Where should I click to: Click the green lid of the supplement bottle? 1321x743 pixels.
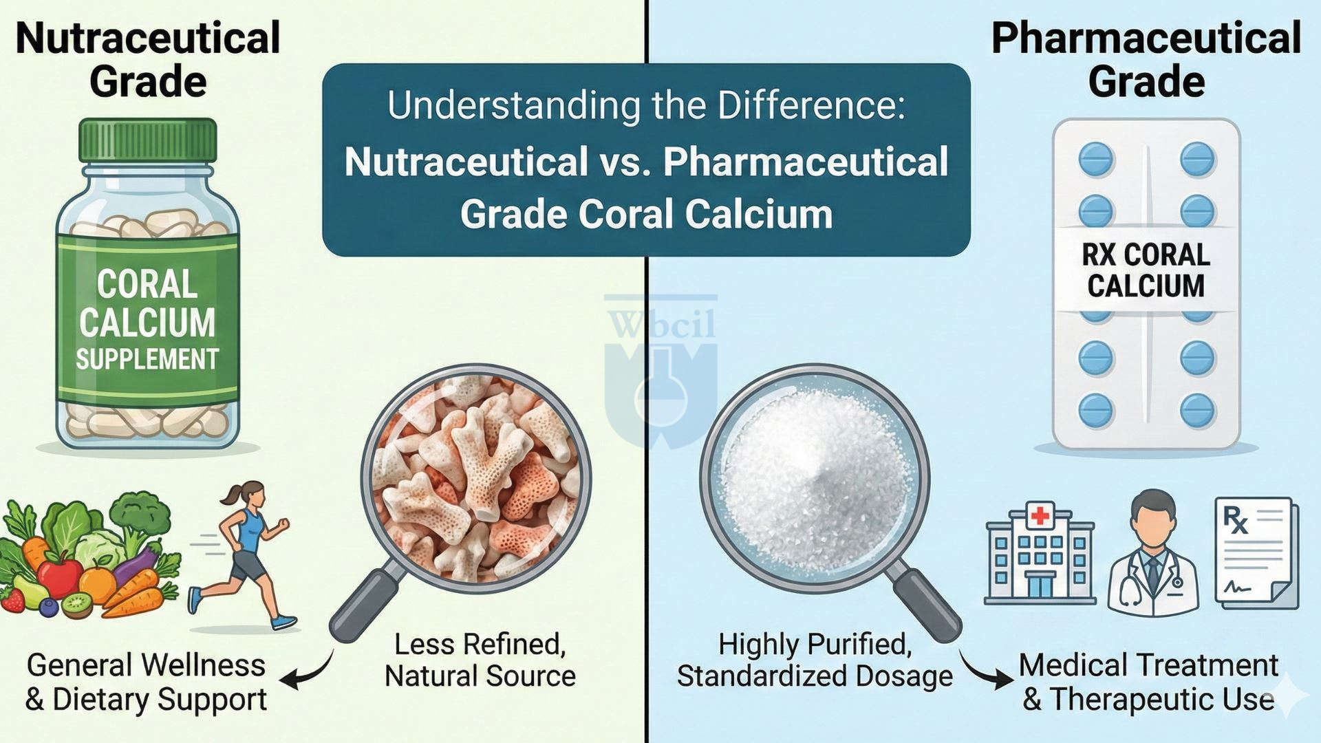tap(147, 141)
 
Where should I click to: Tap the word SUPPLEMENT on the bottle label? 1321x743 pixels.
tap(147, 360)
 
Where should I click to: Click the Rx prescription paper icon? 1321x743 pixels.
tap(1255, 554)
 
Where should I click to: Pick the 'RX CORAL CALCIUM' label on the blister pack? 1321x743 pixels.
tap(1146, 270)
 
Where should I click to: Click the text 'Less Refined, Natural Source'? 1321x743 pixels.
tap(480, 660)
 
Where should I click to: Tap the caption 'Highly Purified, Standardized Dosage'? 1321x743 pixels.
tap(815, 660)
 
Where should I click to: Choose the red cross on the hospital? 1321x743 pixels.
tap(1040, 515)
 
